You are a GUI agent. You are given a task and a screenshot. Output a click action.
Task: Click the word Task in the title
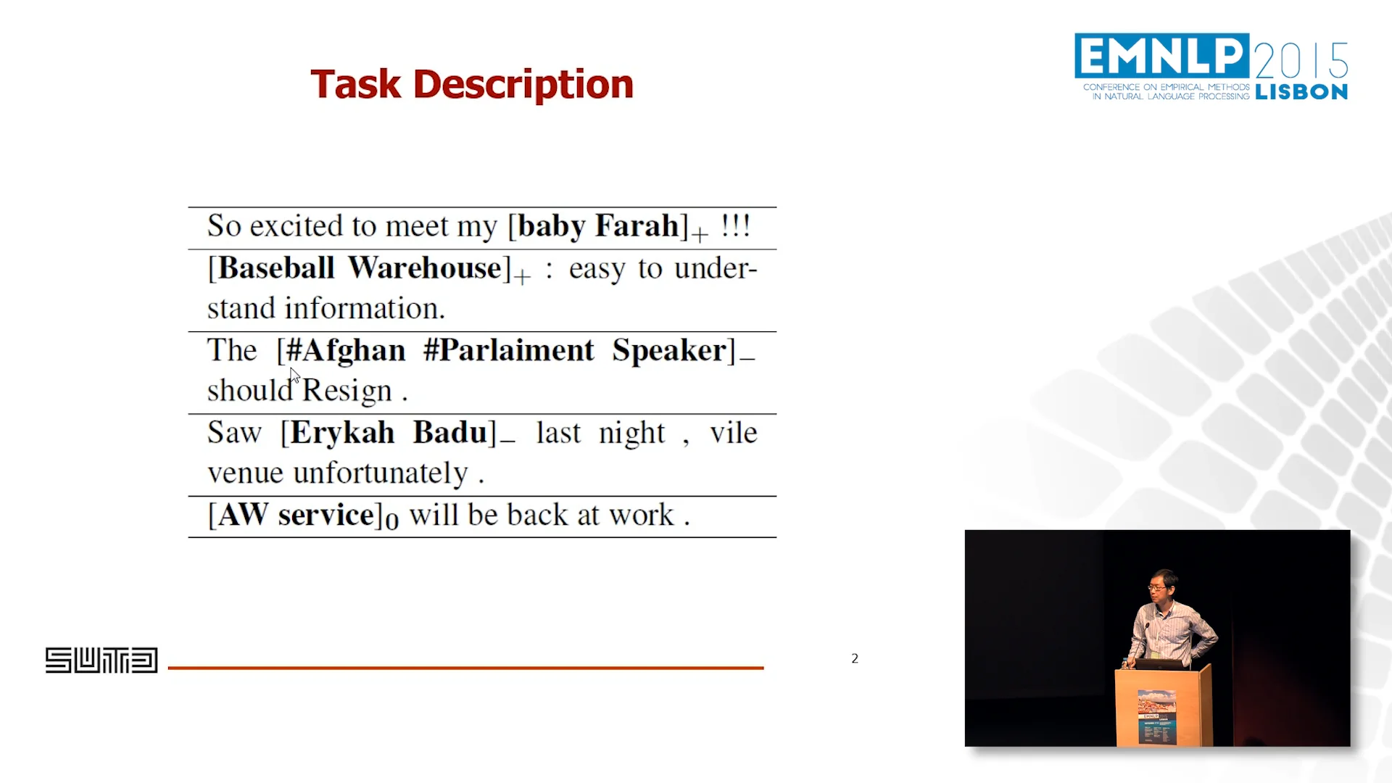click(355, 84)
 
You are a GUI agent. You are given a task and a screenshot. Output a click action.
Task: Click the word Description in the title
click(523, 86)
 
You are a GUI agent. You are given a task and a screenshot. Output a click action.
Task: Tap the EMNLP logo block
click(1161, 55)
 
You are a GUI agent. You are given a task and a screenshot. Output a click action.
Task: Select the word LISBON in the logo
click(1301, 92)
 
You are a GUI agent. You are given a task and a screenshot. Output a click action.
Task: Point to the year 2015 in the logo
click(1301, 59)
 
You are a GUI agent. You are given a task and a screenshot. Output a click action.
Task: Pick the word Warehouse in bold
click(424, 268)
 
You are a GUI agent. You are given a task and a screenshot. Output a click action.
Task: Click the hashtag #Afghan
click(345, 351)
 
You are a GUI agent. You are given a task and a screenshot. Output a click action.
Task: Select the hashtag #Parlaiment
click(509, 351)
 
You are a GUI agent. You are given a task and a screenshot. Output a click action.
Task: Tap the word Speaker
click(668, 351)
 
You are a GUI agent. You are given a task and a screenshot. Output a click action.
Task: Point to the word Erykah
click(342, 433)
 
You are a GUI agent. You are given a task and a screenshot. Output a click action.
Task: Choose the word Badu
click(449, 433)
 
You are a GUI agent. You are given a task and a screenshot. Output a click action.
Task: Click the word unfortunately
click(381, 473)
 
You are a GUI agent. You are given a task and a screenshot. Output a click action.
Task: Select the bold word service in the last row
click(326, 515)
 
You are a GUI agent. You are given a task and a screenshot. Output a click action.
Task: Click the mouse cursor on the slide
click(294, 374)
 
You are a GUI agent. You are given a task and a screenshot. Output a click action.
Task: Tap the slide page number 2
click(855, 658)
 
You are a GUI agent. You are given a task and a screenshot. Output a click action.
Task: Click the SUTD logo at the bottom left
click(101, 660)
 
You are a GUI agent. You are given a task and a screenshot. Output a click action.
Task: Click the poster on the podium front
click(1156, 716)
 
